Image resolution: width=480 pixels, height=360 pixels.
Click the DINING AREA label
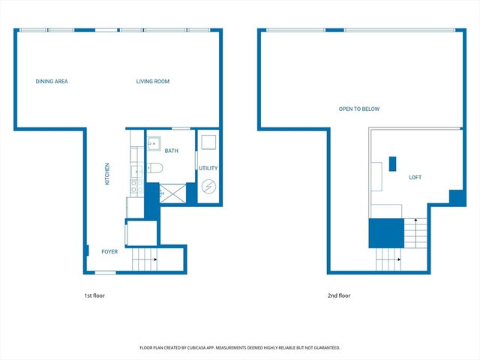(52, 81)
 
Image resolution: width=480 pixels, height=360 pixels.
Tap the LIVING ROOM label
(152, 81)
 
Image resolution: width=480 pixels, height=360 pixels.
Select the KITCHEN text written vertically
(107, 174)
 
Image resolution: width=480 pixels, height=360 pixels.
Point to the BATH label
(172, 151)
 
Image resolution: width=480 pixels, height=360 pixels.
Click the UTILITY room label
(208, 168)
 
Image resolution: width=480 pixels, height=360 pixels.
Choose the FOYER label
(109, 252)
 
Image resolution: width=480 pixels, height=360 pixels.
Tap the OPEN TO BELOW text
(359, 109)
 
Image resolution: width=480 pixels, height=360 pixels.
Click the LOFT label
(415, 178)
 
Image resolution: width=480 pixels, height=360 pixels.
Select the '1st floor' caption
(94, 295)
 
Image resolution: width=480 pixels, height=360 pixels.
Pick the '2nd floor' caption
(339, 295)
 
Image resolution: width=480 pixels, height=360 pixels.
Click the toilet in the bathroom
(154, 167)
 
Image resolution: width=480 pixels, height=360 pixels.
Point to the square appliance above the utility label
(208, 142)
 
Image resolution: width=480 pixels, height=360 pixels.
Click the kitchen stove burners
(135, 182)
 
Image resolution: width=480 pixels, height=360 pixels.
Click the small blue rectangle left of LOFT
(391, 163)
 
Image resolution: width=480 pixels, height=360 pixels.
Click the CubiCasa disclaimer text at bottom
(240, 348)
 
